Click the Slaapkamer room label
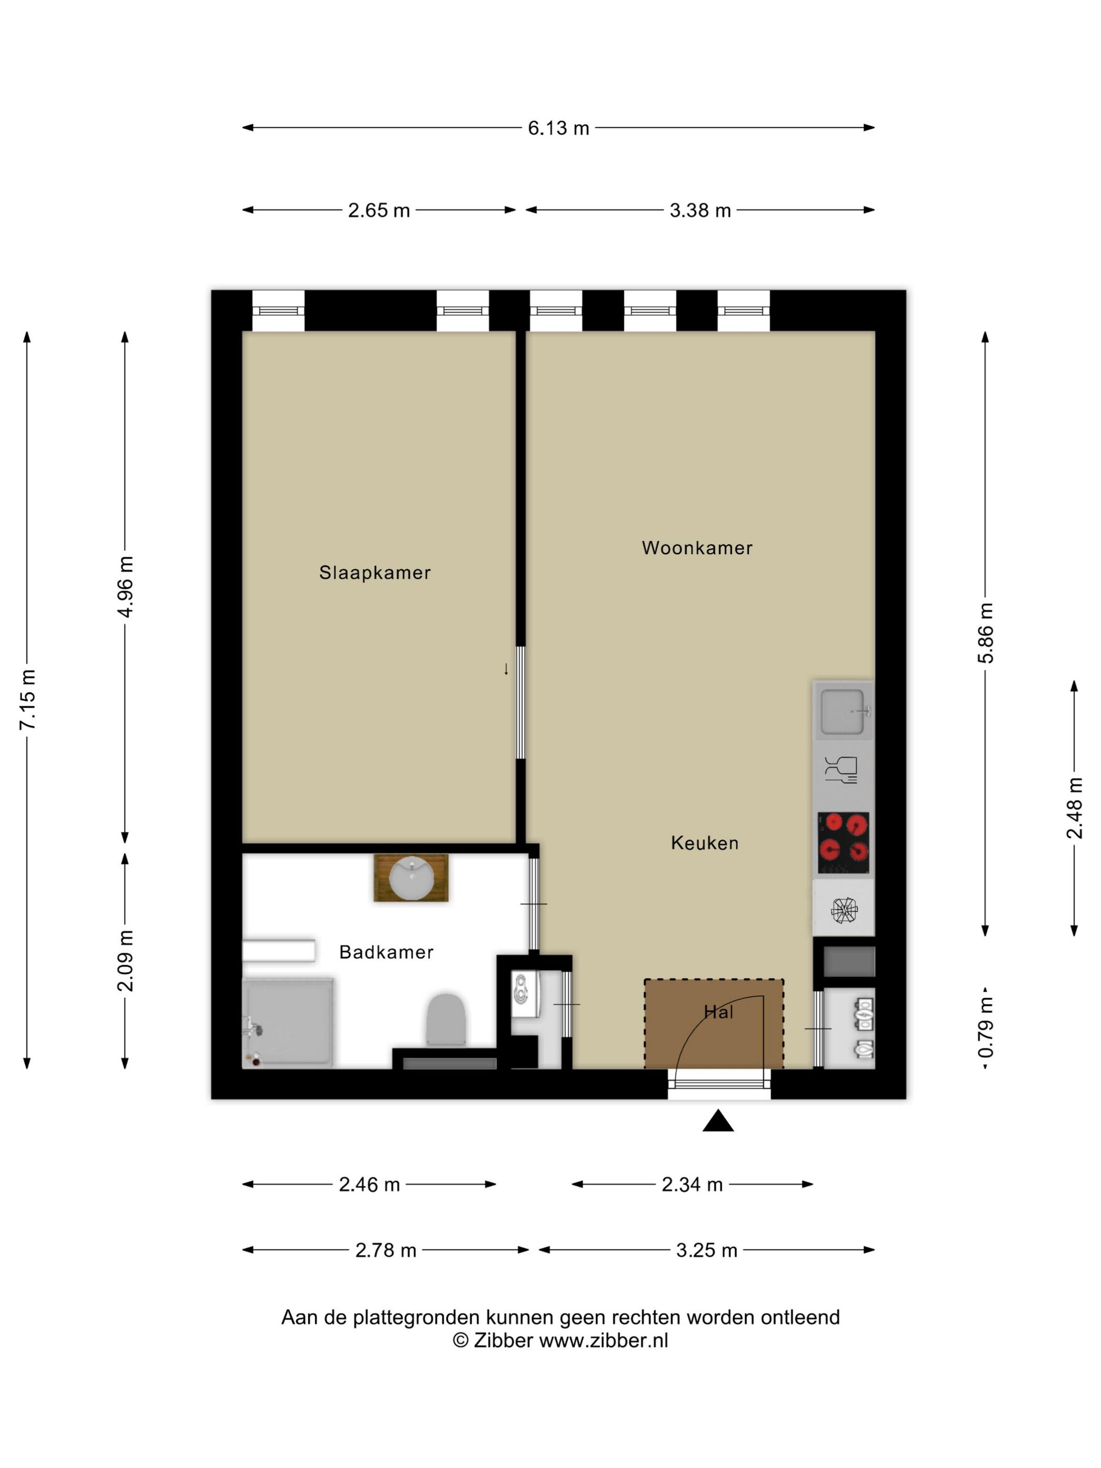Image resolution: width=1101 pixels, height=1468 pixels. (374, 572)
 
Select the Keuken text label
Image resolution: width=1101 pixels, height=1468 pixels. (704, 843)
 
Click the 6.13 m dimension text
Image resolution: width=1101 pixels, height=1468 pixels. (558, 128)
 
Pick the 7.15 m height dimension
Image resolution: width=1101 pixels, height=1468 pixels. (28, 700)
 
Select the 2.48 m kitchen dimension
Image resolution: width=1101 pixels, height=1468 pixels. (1074, 808)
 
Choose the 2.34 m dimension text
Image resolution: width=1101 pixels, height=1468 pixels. (692, 1184)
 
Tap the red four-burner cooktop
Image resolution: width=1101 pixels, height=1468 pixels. (843, 843)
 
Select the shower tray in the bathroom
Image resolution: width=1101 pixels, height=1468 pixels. (287, 1023)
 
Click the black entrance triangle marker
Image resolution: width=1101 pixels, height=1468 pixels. (718, 1121)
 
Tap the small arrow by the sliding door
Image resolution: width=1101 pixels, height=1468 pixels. (506, 669)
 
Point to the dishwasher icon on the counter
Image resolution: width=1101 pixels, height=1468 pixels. (841, 770)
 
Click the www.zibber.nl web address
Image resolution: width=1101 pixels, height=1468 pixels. (603, 1341)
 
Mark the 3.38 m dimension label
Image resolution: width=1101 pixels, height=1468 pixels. (700, 210)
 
